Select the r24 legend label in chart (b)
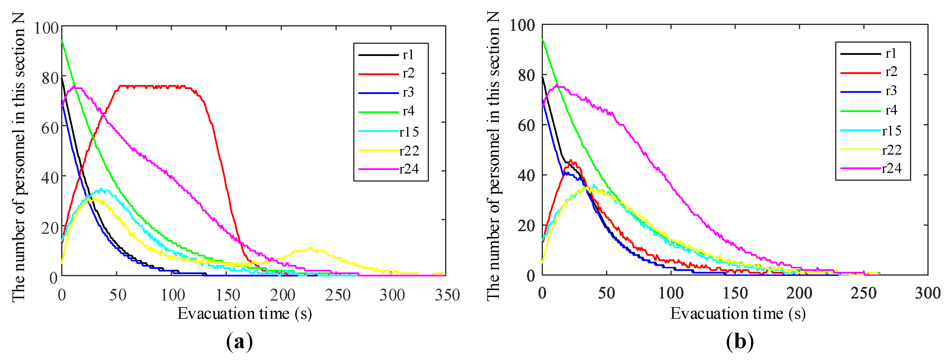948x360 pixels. tap(891, 169)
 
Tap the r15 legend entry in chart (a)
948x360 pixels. tap(409, 132)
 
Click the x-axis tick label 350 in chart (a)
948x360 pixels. tap(447, 295)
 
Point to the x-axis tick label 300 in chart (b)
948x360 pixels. tap(927, 293)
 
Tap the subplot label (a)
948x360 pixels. tap(239, 342)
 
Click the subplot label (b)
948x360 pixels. tap(740, 342)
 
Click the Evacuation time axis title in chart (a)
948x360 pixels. tap(245, 314)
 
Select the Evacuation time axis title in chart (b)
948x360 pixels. tap(738, 314)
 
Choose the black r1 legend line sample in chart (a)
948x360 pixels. tap(378, 55)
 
